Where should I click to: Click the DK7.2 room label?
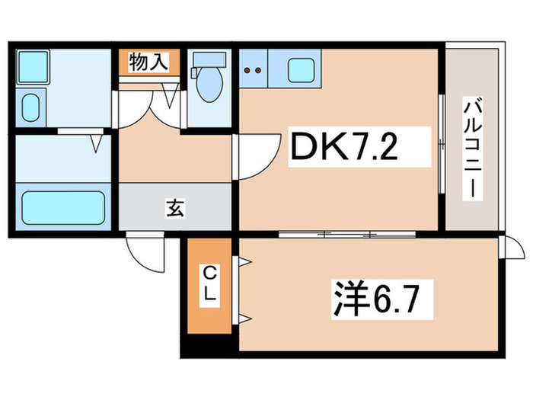[x=343, y=149]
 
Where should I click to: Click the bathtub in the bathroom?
[x=62, y=206]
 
